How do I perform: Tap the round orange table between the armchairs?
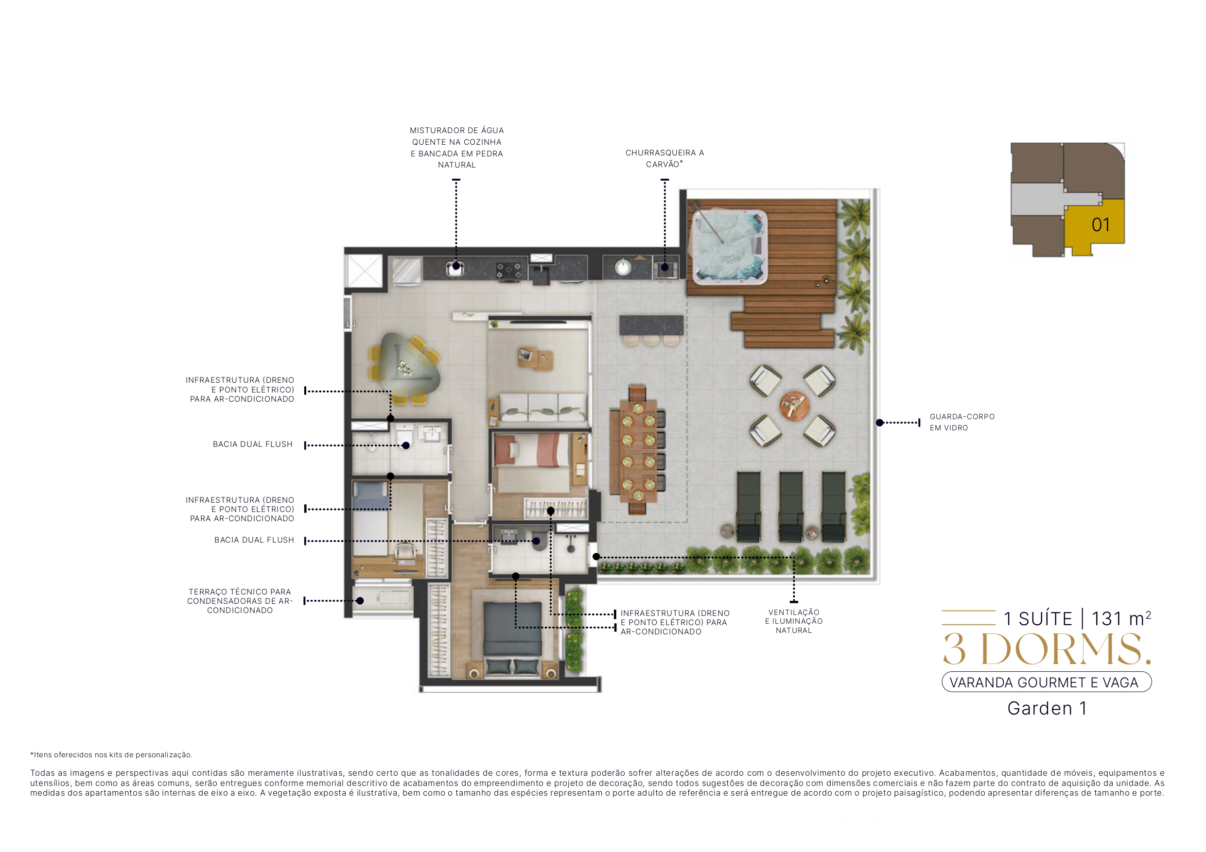pos(794,405)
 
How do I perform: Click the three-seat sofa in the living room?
pos(542,407)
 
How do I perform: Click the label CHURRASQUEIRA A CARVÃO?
pos(664,158)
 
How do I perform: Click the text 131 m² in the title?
pos(1120,619)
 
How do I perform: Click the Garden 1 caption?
pos(1047,709)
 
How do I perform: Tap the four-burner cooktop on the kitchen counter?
pos(508,271)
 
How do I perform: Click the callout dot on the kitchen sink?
pos(456,266)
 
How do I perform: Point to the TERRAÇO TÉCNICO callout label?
pos(240,600)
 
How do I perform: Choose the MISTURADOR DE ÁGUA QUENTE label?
pos(456,148)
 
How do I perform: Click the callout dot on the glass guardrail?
pos(879,423)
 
